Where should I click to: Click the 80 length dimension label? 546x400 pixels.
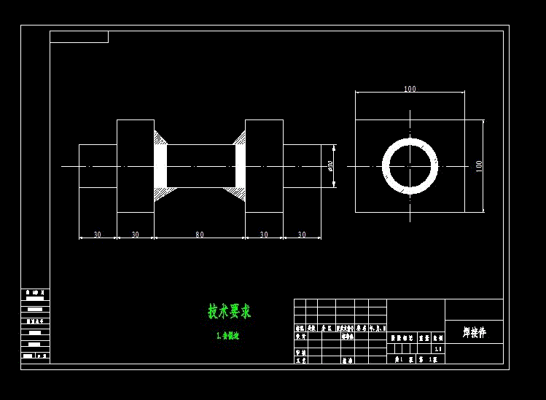click(199, 235)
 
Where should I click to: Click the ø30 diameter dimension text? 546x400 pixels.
click(331, 166)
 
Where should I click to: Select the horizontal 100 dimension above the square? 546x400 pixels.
click(410, 89)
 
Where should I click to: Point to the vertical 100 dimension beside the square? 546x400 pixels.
click(479, 166)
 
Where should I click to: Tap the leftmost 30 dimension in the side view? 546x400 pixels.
click(97, 235)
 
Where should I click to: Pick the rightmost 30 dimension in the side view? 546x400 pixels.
click(302, 235)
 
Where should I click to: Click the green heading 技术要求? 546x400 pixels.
click(229, 312)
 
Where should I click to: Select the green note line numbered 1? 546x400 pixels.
click(227, 336)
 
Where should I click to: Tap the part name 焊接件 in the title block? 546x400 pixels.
click(474, 332)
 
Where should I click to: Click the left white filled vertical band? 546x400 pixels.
click(160, 166)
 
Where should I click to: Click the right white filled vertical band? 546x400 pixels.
click(240, 166)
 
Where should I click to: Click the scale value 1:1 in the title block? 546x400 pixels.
click(437, 349)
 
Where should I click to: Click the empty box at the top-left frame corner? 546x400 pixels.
click(79, 36)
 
